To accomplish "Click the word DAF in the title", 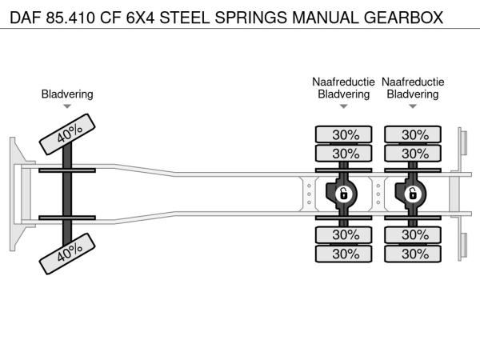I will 23,16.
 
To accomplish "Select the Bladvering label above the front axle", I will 67,94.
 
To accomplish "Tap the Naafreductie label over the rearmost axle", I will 413,82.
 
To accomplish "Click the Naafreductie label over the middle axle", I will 343,82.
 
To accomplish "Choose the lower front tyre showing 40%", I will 69,254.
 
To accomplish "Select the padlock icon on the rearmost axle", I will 413,194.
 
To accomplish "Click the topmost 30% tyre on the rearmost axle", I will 414,134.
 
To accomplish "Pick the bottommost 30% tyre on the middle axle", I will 345,254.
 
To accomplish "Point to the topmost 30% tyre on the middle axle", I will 345,134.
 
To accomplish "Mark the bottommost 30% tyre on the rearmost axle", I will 414,254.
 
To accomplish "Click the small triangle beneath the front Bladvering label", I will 67,106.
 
